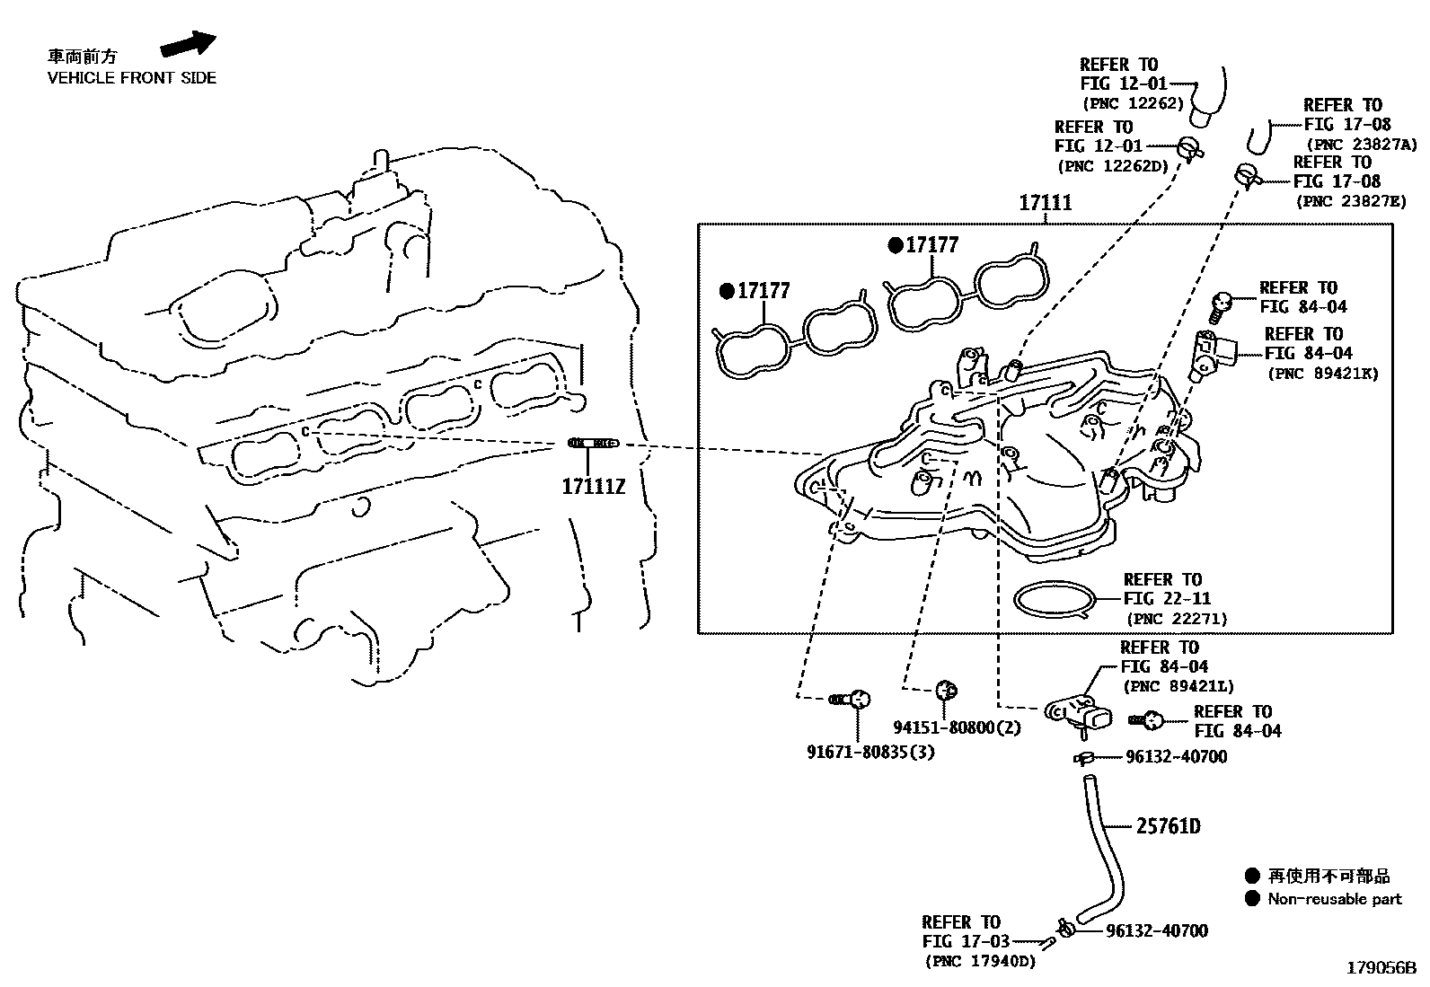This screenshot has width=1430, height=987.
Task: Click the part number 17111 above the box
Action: click(x=1045, y=203)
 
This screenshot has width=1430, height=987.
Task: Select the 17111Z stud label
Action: click(x=593, y=487)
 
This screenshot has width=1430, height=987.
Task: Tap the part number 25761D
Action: click(x=1168, y=825)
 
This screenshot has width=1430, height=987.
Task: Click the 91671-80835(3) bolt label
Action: click(x=870, y=752)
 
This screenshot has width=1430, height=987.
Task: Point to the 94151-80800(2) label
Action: click(x=957, y=727)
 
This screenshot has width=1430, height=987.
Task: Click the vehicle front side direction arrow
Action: click(x=189, y=44)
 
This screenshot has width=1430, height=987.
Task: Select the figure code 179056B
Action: click(x=1381, y=968)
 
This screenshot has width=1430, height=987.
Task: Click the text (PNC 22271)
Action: click(x=1177, y=619)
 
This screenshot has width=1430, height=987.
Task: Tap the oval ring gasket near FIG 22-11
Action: click(x=1056, y=598)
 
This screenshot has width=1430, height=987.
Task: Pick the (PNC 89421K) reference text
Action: click(x=1322, y=374)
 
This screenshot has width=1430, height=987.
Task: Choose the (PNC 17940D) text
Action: click(x=980, y=962)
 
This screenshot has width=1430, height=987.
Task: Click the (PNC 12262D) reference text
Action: click(x=1113, y=165)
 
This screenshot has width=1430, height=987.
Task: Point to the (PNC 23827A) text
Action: click(x=1362, y=144)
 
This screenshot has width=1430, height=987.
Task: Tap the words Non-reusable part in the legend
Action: click(x=1334, y=899)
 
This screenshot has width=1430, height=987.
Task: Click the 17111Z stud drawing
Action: click(x=593, y=443)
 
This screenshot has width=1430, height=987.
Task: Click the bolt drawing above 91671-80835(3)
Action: click(x=850, y=698)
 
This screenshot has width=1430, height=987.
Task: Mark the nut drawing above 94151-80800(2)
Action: click(x=945, y=690)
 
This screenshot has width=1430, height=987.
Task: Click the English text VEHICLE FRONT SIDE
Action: click(x=132, y=78)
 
